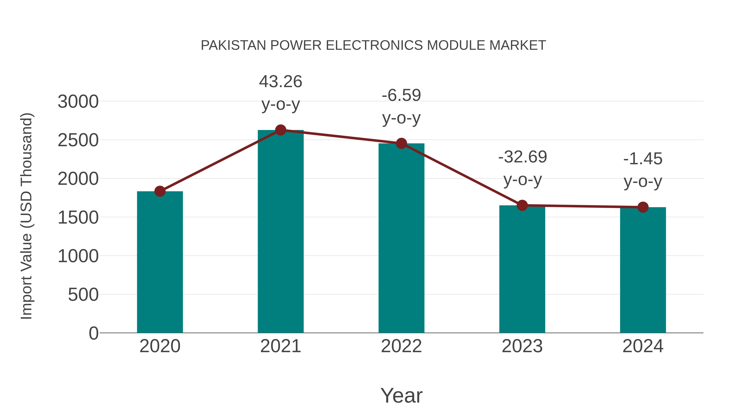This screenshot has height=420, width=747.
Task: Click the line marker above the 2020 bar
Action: coord(160,191)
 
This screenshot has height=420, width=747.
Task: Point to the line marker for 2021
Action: coord(280,130)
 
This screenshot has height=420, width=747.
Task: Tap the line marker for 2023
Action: coord(522,205)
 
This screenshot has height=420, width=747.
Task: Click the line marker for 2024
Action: coord(643,207)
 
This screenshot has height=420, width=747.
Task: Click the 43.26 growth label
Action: coord(280,82)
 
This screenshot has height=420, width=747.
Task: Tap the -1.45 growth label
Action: coord(643,159)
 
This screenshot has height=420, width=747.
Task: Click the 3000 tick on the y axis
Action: coord(78,102)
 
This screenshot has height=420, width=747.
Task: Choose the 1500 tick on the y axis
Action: coord(78,218)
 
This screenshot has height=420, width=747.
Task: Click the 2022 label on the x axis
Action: coord(401,346)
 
